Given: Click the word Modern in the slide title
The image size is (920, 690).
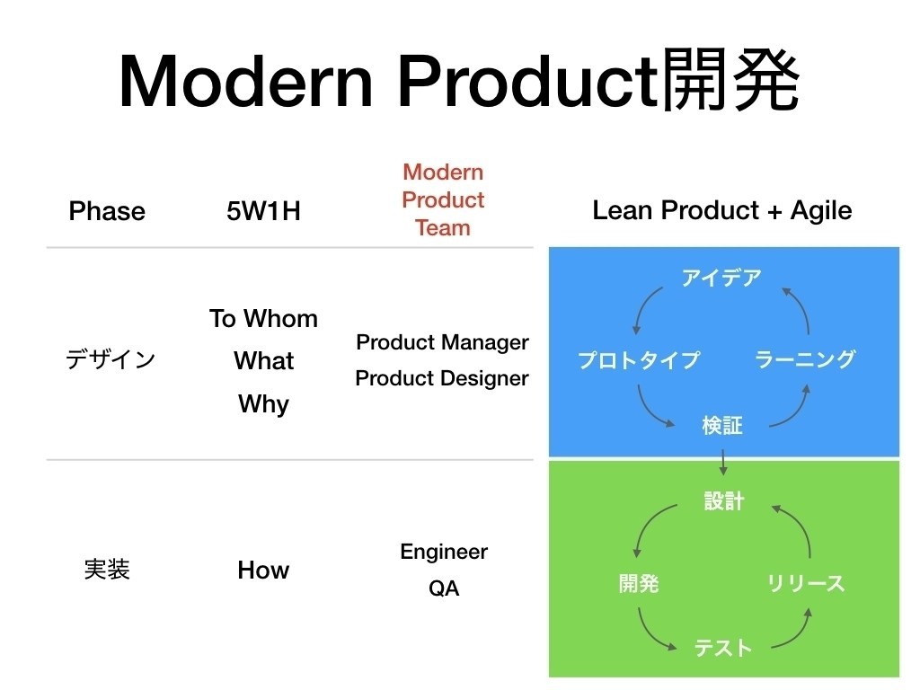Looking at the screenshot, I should tap(245, 83).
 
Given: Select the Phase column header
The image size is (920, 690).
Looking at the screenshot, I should tap(107, 211).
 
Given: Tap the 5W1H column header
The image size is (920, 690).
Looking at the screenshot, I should tap(263, 211).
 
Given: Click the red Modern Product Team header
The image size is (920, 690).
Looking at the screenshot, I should tap(443, 199).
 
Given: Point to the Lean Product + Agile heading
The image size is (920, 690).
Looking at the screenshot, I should tap(722, 210).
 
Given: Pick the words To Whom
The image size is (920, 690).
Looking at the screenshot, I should tap(263, 319).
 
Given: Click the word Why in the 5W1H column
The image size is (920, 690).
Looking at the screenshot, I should tap(263, 403).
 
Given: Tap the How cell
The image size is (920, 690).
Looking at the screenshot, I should tap(263, 570).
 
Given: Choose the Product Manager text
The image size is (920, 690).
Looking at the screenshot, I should tap(442, 342).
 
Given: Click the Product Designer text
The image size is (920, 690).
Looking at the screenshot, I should tap(442, 378).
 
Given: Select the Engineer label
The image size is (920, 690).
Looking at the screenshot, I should tap(444, 552).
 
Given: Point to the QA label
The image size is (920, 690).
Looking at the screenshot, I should tap(444, 588).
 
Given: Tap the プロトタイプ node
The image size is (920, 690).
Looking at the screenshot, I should tap(638, 360).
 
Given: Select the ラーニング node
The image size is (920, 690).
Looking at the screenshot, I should tap(805, 360).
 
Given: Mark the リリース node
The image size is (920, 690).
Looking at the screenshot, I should tap(806, 584).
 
